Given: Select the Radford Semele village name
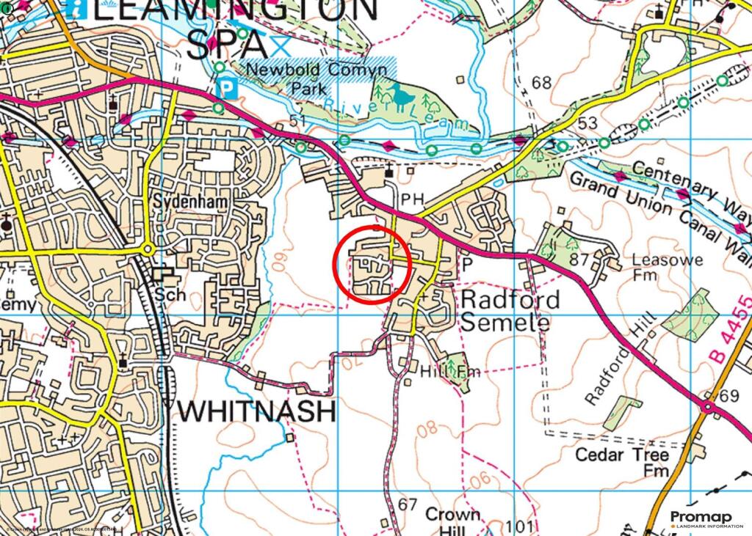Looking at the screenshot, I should (510, 311).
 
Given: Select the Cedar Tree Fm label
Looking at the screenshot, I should (621, 462).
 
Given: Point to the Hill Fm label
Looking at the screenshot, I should (449, 372).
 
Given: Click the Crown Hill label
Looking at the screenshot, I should (452, 521).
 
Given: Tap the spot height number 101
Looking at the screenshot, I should (519, 526).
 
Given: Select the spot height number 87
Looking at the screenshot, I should (579, 259).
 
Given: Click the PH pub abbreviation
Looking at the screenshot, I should (408, 199).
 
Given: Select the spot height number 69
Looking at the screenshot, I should (728, 397).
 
